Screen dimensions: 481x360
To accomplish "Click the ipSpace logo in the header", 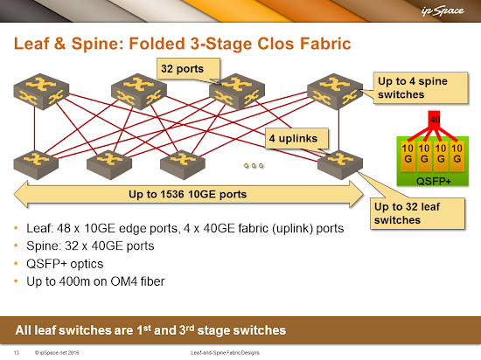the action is coord(443,11).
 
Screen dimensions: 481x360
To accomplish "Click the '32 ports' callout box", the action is coord(188,69).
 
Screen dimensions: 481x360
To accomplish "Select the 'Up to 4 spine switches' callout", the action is coord(421,87).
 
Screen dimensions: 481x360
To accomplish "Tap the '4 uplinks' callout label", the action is coord(296,138).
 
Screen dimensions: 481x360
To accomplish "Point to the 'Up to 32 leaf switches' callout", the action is coord(417,213).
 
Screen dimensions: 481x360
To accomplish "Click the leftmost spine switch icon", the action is coord(41,91).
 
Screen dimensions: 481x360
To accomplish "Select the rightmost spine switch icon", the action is coord(335,91).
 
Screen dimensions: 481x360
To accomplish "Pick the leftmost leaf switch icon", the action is coord(36,164).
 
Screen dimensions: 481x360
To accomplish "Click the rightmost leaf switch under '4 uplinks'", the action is coord(340,164).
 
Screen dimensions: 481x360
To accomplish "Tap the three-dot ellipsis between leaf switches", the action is coord(254,165).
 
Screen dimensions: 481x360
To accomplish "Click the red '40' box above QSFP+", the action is coord(435,119).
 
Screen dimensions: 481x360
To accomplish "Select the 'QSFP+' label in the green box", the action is coord(434,182).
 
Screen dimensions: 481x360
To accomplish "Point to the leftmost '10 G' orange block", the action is coord(408,156).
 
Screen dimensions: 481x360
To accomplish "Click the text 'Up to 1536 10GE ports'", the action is coord(187,194).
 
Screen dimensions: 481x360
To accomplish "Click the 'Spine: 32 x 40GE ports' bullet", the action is coord(90,246).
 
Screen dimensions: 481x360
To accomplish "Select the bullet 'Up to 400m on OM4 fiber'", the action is coord(95,281).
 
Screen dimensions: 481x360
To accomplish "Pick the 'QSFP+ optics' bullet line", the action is coord(65,264).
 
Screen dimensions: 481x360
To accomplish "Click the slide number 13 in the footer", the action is coord(17,353).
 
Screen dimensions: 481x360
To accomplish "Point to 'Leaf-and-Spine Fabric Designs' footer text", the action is coord(225,353).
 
